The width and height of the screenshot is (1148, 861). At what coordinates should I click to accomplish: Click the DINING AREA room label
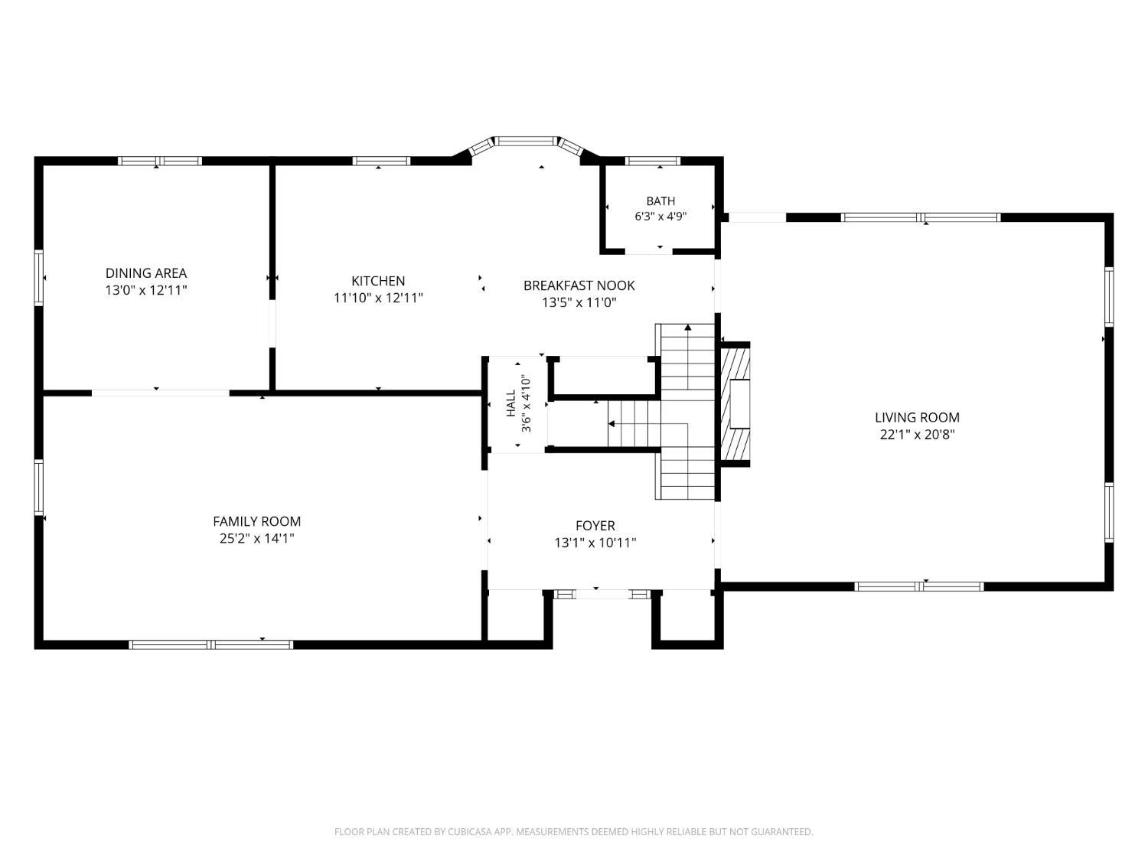[x=146, y=273]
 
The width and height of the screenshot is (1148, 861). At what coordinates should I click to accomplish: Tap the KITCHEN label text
[x=378, y=281]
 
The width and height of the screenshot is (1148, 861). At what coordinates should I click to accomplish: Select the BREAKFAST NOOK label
[x=579, y=285]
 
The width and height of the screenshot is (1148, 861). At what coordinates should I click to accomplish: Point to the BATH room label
[x=660, y=201]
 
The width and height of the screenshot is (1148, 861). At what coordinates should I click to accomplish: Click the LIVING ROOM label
[x=918, y=417]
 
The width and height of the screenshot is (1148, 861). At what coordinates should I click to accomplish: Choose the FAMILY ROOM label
[x=257, y=521]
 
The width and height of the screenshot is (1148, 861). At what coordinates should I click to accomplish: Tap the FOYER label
[x=595, y=525]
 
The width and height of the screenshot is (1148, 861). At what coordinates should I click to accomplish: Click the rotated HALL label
[x=511, y=403]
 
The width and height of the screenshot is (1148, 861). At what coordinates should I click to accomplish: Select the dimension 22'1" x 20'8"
[x=918, y=435]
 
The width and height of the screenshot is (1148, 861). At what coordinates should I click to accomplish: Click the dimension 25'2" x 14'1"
[x=257, y=539]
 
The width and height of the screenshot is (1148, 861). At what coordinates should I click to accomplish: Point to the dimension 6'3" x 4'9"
[x=660, y=217]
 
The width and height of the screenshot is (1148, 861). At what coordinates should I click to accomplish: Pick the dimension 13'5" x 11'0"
[x=579, y=302]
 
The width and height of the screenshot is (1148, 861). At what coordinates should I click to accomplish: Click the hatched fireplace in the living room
[x=735, y=404]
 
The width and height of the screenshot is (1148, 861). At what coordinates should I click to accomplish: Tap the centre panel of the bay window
[x=526, y=141]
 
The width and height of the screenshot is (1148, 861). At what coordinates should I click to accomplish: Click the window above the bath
[x=653, y=161]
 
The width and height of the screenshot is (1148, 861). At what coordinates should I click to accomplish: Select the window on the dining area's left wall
[x=39, y=278]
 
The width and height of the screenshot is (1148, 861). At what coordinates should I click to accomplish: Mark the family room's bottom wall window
[x=210, y=645]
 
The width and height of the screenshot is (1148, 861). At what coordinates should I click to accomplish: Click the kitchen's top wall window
[x=381, y=161]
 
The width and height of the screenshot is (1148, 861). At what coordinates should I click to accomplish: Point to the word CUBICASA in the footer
[x=469, y=832]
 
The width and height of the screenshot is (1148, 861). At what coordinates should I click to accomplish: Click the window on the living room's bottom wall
[x=919, y=586]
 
